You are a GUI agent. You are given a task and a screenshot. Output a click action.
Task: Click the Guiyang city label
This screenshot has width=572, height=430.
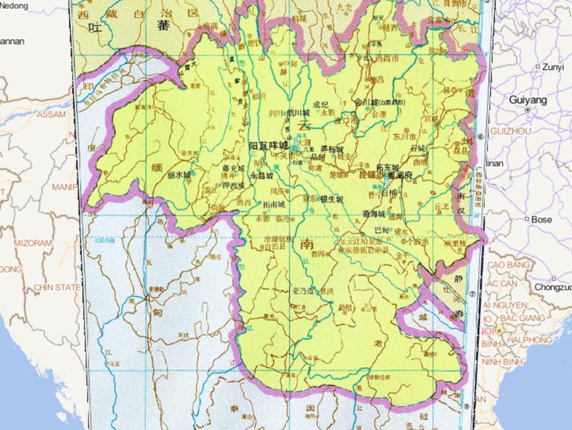(527, 100)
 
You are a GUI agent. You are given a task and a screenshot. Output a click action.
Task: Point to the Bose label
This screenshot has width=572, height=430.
(541, 220)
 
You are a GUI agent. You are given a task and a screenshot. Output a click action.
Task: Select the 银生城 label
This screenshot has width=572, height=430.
(331, 200)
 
